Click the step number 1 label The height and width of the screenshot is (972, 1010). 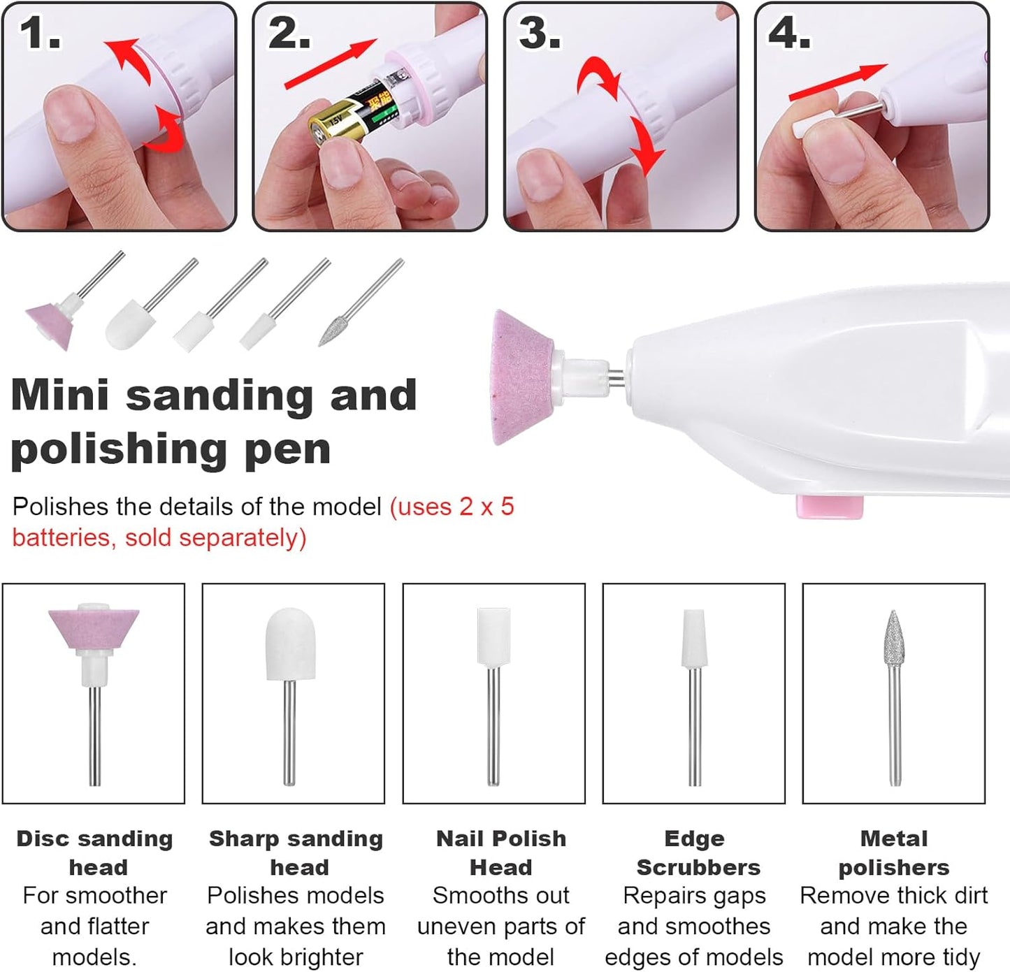[x=40, y=33]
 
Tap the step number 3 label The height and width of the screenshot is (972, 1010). [x=539, y=33]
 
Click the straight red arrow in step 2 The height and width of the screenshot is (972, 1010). [x=330, y=64]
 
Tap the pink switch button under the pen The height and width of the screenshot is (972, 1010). [x=830, y=507]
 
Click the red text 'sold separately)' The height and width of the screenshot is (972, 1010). [x=215, y=538]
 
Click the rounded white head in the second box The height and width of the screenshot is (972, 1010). [x=290, y=644]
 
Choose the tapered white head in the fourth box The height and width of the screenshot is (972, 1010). [x=693, y=637]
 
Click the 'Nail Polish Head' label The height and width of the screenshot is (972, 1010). [x=500, y=853]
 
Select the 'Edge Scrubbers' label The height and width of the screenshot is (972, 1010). [x=696, y=853]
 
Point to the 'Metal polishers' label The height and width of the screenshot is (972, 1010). [x=893, y=853]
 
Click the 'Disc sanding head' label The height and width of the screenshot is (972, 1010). [x=95, y=853]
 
